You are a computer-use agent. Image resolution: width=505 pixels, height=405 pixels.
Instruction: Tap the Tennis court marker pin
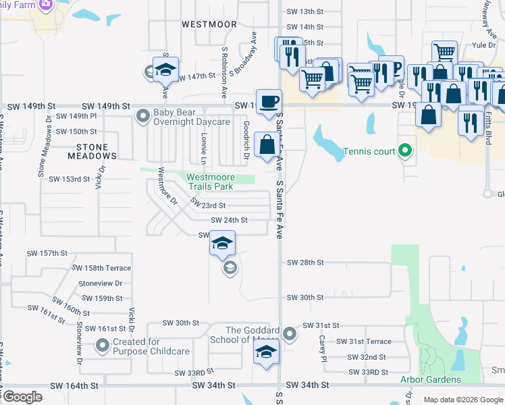tap(405, 151)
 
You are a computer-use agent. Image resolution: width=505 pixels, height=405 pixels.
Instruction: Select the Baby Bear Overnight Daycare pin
tap(142, 117)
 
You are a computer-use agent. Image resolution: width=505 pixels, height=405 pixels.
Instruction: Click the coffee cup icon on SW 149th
tap(269, 101)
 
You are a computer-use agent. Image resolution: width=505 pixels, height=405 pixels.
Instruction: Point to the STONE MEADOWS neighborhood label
tap(92, 151)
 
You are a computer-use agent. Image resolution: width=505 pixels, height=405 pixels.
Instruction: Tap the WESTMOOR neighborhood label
tap(209, 24)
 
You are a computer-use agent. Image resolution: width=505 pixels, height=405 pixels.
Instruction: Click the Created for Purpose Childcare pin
tap(103, 346)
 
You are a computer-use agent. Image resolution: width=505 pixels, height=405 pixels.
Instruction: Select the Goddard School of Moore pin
tap(290, 334)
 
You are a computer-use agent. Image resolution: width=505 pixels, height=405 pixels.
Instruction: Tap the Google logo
tap(22, 397)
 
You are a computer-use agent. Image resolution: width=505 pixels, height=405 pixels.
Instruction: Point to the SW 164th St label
tap(75, 385)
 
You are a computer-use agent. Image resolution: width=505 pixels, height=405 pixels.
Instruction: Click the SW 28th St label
tap(305, 262)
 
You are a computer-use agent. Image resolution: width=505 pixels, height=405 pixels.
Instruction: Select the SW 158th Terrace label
tap(104, 269)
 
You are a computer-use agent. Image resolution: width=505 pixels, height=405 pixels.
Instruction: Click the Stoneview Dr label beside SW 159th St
tap(100, 283)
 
